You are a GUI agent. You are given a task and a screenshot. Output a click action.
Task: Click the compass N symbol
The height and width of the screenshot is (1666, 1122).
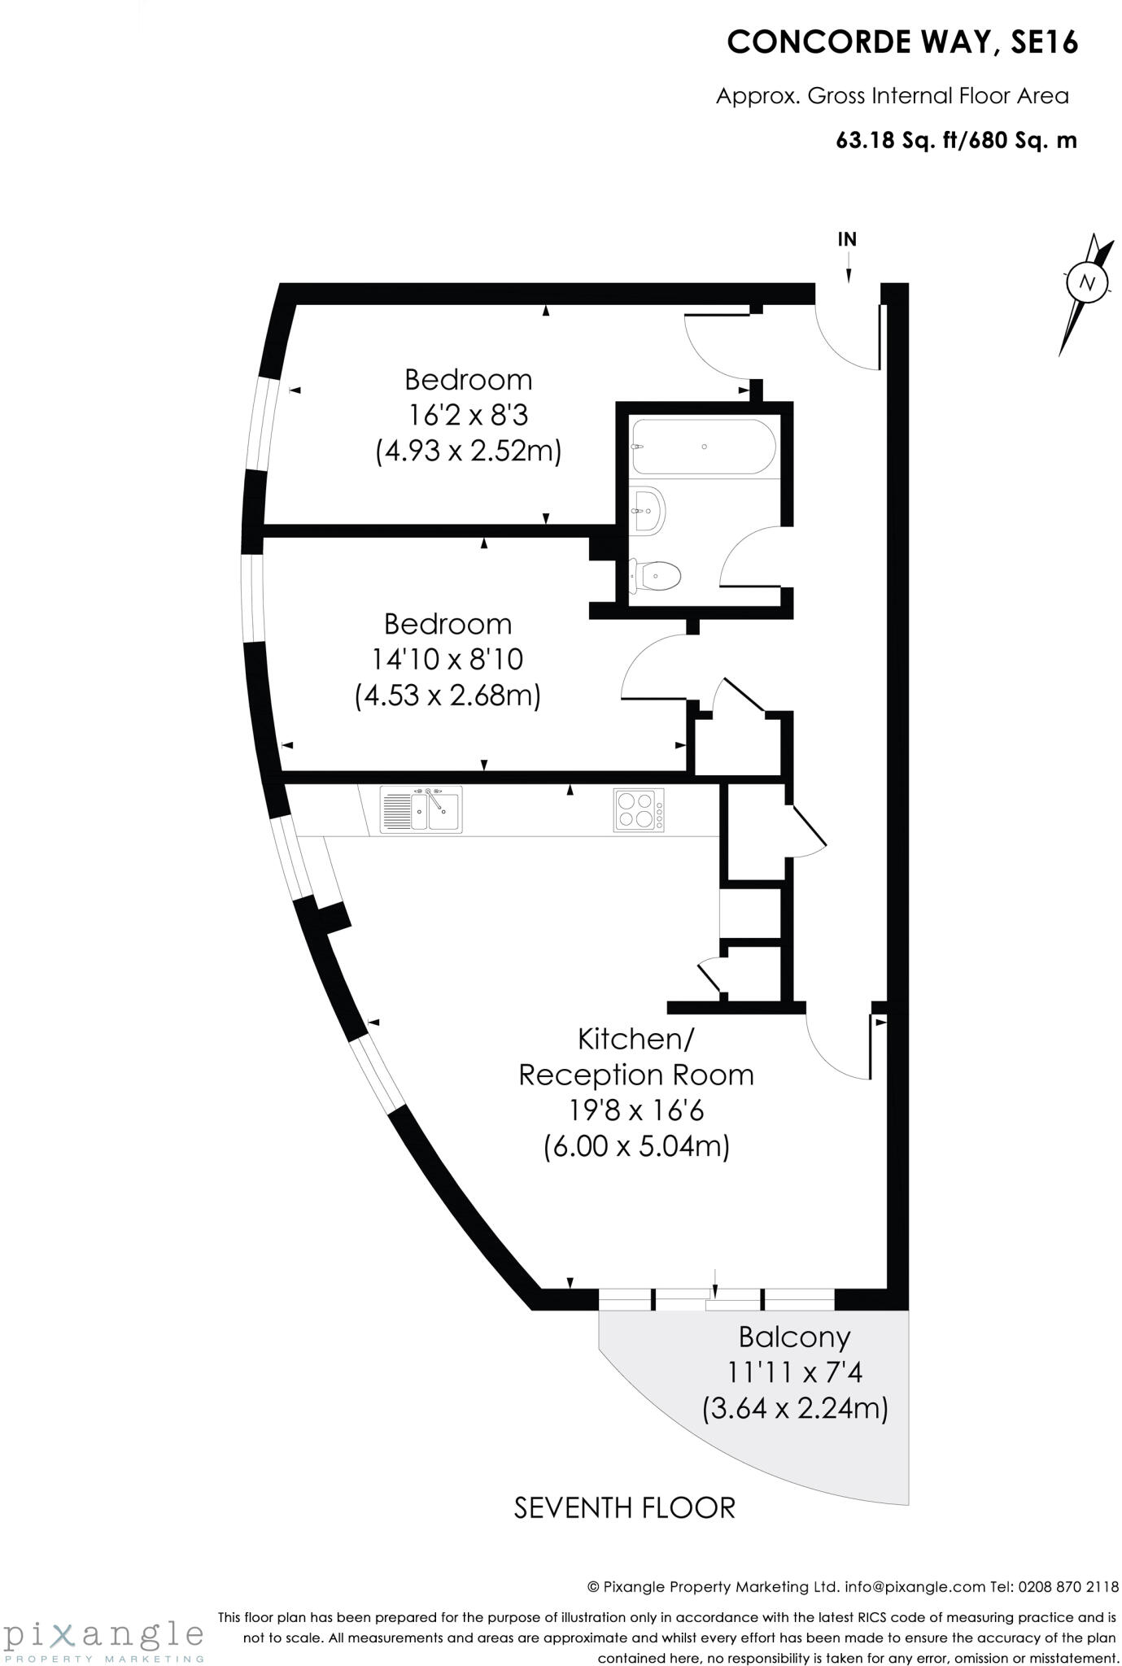1085,283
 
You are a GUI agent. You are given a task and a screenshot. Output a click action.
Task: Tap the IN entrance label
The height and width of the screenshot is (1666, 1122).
847,239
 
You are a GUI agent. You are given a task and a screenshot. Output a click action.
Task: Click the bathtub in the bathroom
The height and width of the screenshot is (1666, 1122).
704,447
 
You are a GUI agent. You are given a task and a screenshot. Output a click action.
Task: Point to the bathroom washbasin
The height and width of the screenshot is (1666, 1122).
648,510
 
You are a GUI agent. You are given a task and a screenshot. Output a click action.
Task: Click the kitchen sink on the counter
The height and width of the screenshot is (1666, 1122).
421,809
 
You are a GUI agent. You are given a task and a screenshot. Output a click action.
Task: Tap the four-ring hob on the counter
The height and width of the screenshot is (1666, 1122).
638,810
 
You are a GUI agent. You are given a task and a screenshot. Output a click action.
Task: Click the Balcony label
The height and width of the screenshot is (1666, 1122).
794,1337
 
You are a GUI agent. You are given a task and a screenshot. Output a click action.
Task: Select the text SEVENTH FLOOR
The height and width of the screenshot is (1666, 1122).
624,1507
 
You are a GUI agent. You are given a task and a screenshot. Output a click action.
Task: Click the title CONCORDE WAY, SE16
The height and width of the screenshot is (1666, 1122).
902,42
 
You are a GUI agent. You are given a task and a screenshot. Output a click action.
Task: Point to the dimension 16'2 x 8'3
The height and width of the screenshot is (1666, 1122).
468,415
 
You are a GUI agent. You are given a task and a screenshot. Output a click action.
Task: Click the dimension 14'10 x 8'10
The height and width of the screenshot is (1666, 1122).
447,659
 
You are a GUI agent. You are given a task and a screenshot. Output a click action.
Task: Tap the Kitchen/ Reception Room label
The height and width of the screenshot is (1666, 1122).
636,1057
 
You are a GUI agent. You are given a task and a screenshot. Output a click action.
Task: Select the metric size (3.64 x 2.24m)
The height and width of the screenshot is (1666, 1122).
794,1407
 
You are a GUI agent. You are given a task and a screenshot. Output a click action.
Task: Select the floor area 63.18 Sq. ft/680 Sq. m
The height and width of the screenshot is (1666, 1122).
956,140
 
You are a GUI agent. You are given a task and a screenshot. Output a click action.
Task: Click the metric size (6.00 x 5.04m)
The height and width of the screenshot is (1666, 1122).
636,1146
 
